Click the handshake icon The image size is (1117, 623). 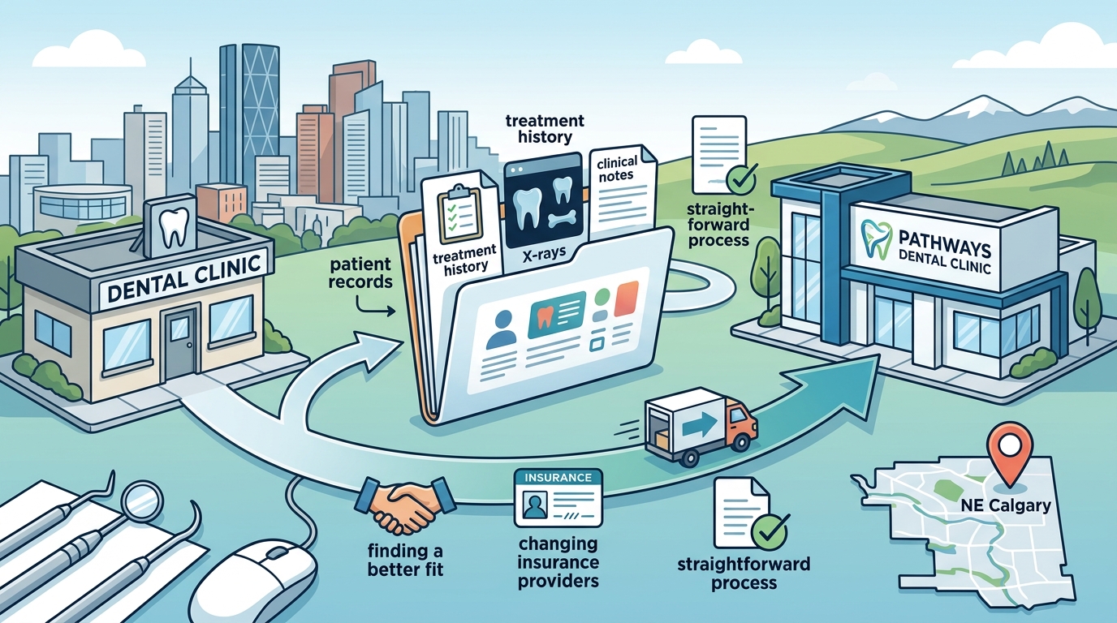pos(405,505)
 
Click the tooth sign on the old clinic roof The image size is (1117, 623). pos(173,228)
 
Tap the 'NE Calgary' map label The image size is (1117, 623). pos(1006,505)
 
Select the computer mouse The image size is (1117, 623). pos(253,582)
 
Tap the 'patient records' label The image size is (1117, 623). pos(360,273)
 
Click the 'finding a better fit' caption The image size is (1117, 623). pos(405,560)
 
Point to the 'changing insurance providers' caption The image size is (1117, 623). pos(558,562)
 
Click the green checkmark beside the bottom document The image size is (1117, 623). pos(770,532)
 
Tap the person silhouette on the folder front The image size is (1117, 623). pos(501,329)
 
